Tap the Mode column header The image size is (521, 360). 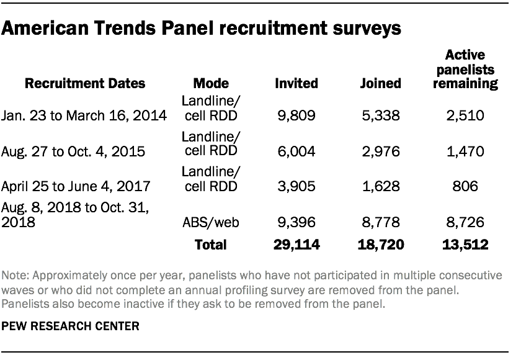coord(211,83)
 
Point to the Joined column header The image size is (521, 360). coord(380,83)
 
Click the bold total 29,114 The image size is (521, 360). coord(296,245)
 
